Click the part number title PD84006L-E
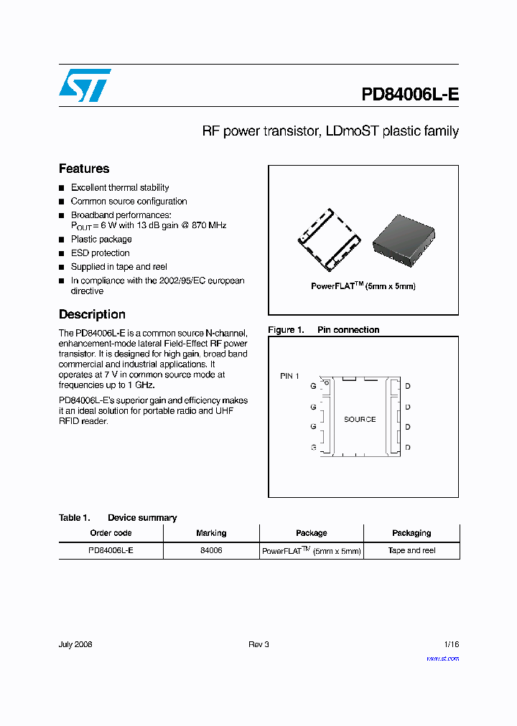(409, 95)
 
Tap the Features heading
(84, 169)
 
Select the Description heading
(92, 314)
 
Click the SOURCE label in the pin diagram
(360, 419)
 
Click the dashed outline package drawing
(330, 240)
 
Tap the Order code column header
(111, 533)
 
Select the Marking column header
(211, 533)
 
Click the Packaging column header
(411, 533)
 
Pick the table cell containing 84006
(211, 551)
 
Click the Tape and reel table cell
(411, 551)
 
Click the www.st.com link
(442, 659)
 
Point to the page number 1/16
(451, 644)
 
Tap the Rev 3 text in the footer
(258, 644)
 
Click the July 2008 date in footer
(75, 644)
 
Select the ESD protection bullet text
(101, 253)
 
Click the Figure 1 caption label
(286, 330)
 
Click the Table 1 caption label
(74, 518)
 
